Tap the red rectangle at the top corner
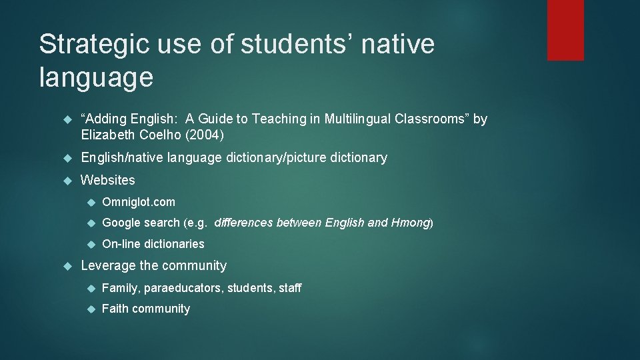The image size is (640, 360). click(565, 30)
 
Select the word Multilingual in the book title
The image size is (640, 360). click(359, 119)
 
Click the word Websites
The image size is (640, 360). click(107, 180)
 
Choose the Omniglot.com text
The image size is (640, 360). click(139, 202)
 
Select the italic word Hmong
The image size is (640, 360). click(410, 223)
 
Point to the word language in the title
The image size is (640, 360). click(96, 77)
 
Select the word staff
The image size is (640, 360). click(288, 288)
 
